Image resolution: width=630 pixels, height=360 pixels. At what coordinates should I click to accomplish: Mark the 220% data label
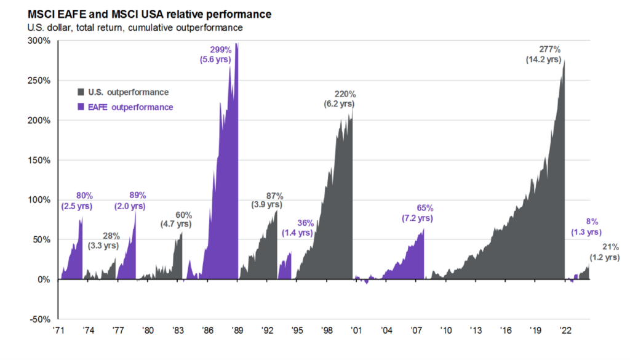pos(345,94)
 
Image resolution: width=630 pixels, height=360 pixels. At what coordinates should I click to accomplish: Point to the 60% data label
pos(184,215)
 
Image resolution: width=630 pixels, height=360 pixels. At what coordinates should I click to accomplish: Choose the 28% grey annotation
pos(111,236)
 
